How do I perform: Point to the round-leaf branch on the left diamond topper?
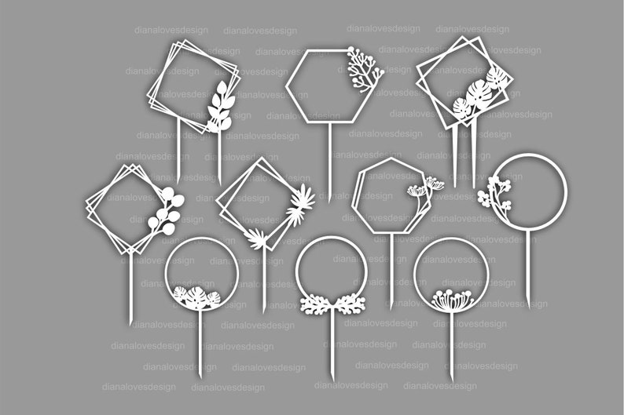[167, 213]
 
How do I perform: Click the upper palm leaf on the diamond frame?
[299, 204]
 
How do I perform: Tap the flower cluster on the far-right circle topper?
[495, 193]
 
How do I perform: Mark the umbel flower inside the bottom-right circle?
[450, 299]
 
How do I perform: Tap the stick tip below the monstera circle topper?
[200, 377]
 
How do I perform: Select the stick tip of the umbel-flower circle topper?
[451, 380]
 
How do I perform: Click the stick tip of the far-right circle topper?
[528, 306]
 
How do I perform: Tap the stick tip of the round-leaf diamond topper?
[130, 322]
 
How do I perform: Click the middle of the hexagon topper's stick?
[329, 161]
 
